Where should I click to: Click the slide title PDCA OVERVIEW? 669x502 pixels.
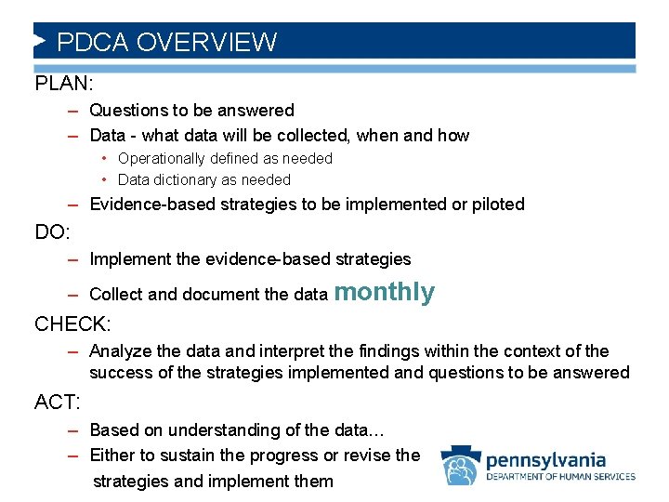[166, 42]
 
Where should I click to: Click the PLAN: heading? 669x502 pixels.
[63, 83]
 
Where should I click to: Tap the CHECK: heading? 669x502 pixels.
[72, 324]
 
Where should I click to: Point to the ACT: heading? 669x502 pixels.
[58, 402]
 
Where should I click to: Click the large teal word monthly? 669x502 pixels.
[384, 292]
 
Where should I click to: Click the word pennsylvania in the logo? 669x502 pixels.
[546, 459]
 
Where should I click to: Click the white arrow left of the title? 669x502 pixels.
[39, 41]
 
